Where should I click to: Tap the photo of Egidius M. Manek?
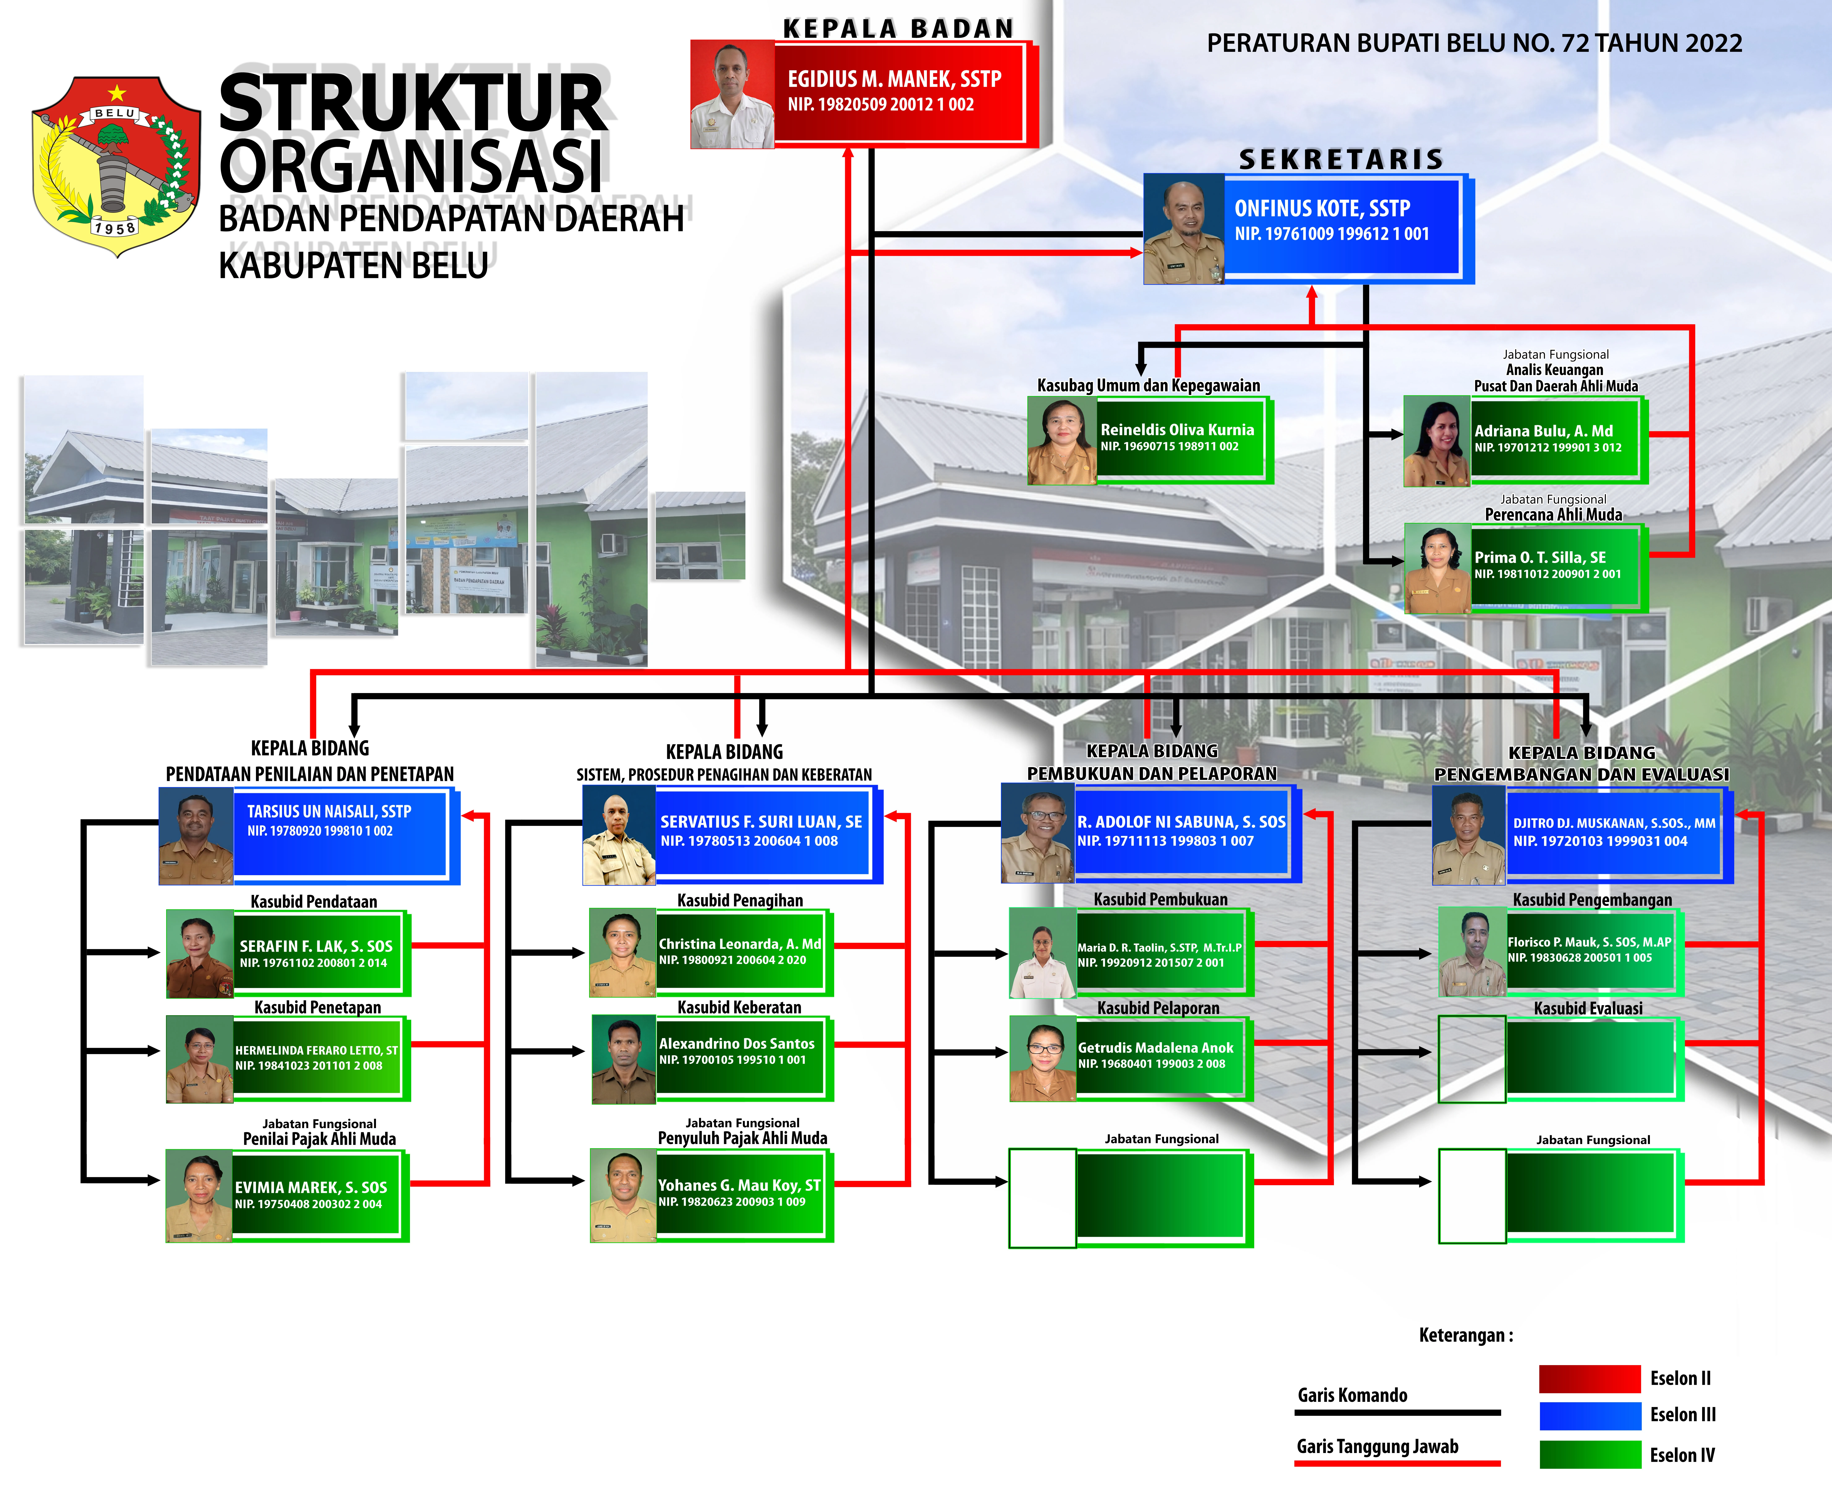click(x=732, y=95)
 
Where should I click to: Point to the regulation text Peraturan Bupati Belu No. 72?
click(x=1473, y=43)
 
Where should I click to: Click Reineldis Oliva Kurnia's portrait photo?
click(x=1061, y=441)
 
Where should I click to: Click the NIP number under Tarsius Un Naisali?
click(x=320, y=831)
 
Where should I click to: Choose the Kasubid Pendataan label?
click(x=314, y=901)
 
